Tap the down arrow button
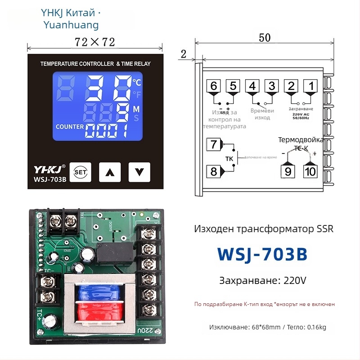[x=139, y=171]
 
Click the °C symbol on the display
[x=137, y=82]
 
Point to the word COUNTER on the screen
[x=70, y=127]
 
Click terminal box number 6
[x=214, y=85]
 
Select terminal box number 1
[x=310, y=85]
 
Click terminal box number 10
[x=310, y=171]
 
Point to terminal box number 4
[x=252, y=85]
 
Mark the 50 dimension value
[x=265, y=38]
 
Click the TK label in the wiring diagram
[x=229, y=159]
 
